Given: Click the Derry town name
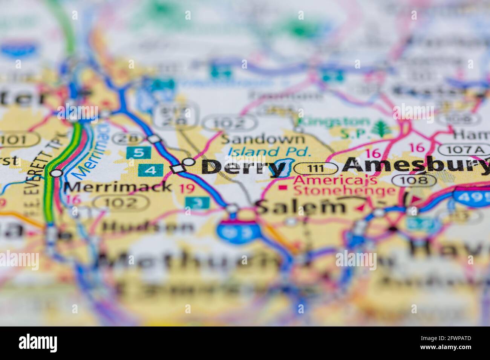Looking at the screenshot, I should (x=243, y=167).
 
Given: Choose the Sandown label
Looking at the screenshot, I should (x=262, y=139).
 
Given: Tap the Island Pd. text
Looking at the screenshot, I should (x=270, y=152).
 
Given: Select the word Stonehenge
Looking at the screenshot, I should (x=344, y=191).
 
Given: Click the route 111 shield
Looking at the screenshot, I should (x=315, y=168).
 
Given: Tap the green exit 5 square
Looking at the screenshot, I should (x=139, y=153).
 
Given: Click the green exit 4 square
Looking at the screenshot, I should (x=150, y=170).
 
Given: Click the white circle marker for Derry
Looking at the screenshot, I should (x=189, y=162).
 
